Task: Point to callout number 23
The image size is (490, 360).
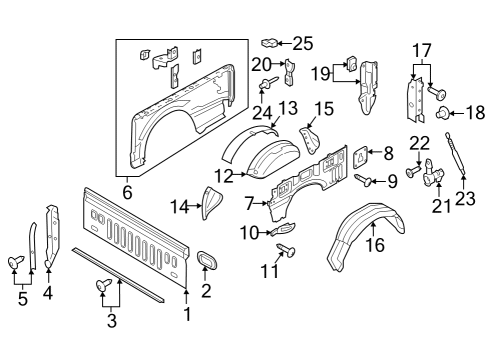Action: (464, 197)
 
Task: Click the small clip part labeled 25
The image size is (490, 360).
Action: (269, 43)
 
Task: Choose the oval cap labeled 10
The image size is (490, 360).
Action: (279, 230)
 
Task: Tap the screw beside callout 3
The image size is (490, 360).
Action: (103, 286)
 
